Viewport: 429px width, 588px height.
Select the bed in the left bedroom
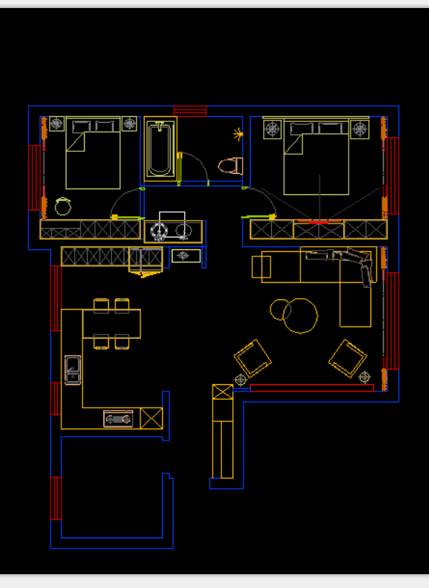click(93, 153)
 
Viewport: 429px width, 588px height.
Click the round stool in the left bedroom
click(64, 206)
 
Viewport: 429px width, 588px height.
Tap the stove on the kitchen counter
click(118, 419)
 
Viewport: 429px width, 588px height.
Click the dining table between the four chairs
click(111, 322)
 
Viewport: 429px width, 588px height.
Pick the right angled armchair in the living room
click(347, 358)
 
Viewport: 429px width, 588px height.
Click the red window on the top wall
click(190, 111)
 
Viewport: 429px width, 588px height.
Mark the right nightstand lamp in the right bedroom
click(360, 129)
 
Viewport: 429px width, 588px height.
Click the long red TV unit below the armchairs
click(311, 386)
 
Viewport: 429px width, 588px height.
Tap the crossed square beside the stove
click(151, 419)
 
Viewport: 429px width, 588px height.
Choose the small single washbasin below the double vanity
click(184, 256)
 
